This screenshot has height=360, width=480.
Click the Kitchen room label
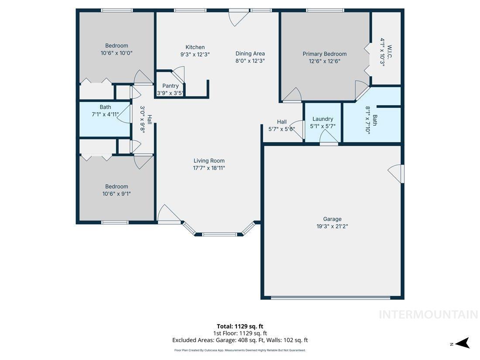195,47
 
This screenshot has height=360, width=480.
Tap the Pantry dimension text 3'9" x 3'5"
171,93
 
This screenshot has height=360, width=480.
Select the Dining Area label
250,54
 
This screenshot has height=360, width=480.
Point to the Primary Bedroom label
325,54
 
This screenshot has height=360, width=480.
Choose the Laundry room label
322,119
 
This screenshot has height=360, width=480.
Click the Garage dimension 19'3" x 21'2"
332,226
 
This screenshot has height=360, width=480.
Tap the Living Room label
209,161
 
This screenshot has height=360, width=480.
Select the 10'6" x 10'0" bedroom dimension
117,52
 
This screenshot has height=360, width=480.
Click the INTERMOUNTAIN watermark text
428,314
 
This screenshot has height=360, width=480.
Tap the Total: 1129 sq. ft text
240,326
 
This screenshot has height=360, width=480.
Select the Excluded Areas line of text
240,340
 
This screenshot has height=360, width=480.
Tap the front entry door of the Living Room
168,215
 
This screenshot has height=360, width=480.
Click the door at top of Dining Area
239,17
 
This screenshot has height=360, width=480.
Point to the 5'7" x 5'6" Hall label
281,125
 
